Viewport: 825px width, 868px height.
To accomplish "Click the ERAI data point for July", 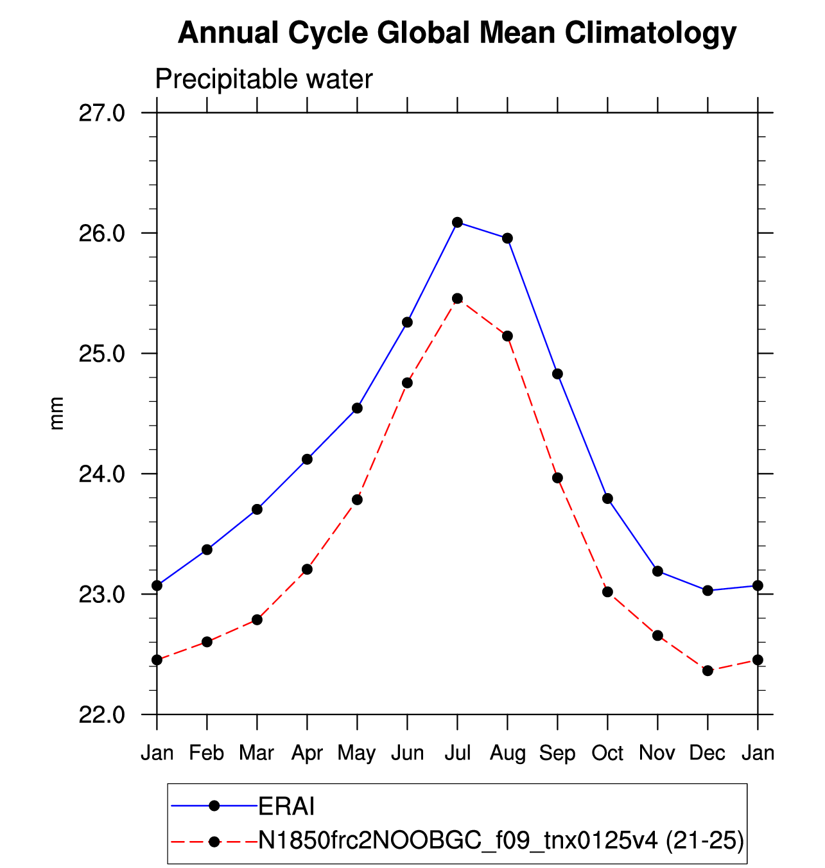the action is click(x=457, y=222).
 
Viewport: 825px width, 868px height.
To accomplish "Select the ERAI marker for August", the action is click(x=507, y=238).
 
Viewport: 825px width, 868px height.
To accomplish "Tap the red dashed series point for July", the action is click(x=457, y=299).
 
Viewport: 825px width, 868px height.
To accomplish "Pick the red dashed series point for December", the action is click(x=708, y=671).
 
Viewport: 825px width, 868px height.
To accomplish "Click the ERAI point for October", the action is click(x=608, y=498).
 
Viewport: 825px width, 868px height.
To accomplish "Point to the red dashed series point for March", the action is click(x=257, y=620).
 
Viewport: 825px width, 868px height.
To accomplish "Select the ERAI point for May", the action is click(x=358, y=408).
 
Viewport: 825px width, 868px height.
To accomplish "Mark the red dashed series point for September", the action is click(x=557, y=478).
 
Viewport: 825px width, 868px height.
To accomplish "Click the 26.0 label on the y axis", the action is click(x=102, y=233).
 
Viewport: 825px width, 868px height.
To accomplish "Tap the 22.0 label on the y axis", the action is click(x=102, y=715).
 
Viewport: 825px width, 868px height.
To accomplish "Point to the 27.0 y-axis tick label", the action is click(x=102, y=114).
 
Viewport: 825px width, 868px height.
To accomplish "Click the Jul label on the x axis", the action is click(x=458, y=754).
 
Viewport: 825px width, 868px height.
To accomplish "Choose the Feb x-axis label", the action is click(x=207, y=754).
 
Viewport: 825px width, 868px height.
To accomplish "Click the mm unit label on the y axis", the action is click(x=56, y=413).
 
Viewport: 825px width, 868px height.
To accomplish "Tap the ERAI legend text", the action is click(x=286, y=806).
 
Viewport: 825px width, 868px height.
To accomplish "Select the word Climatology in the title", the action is click(x=650, y=33).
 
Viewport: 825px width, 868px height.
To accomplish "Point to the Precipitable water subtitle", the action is click(x=264, y=80).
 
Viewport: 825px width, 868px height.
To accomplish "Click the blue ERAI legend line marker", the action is click(x=214, y=806).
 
